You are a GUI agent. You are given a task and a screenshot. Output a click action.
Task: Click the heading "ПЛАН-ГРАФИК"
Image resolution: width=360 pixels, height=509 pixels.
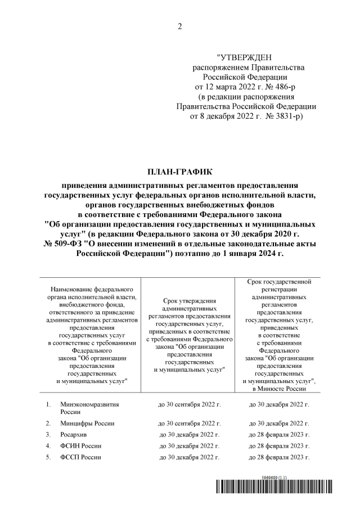coord(179,170)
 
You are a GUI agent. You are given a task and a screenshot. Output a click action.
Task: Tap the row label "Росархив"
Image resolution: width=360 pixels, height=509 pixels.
coord(74,434)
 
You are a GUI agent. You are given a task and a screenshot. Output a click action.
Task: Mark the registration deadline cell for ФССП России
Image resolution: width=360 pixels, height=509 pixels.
coord(279,457)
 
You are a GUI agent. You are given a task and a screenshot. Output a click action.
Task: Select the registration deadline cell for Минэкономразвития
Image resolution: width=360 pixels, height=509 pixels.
coord(279,404)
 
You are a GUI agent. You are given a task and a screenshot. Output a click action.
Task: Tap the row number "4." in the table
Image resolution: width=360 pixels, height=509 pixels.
coord(49,446)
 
